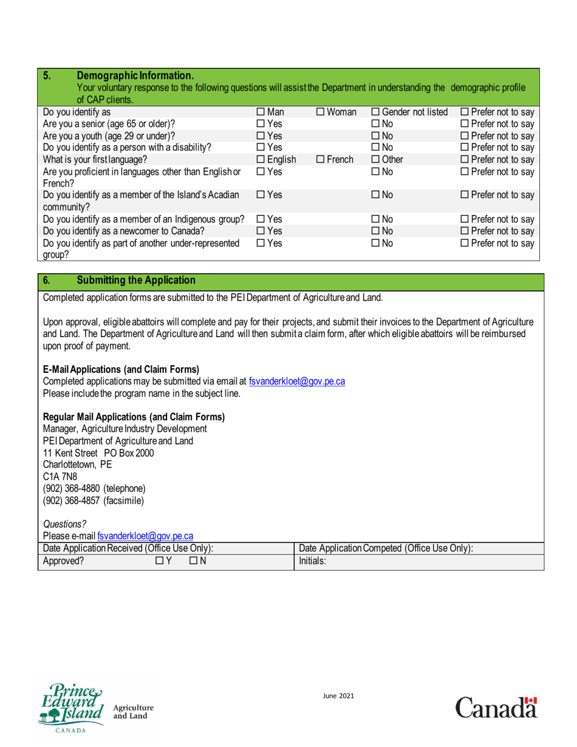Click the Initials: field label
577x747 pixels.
click(x=313, y=562)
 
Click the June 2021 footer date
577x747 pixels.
click(x=338, y=697)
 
